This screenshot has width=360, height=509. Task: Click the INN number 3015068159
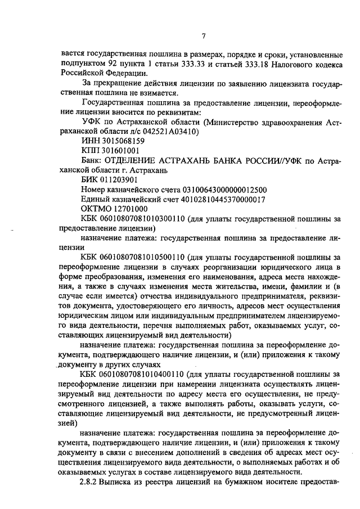[119, 141]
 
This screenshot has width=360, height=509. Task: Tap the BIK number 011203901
[117, 180]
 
